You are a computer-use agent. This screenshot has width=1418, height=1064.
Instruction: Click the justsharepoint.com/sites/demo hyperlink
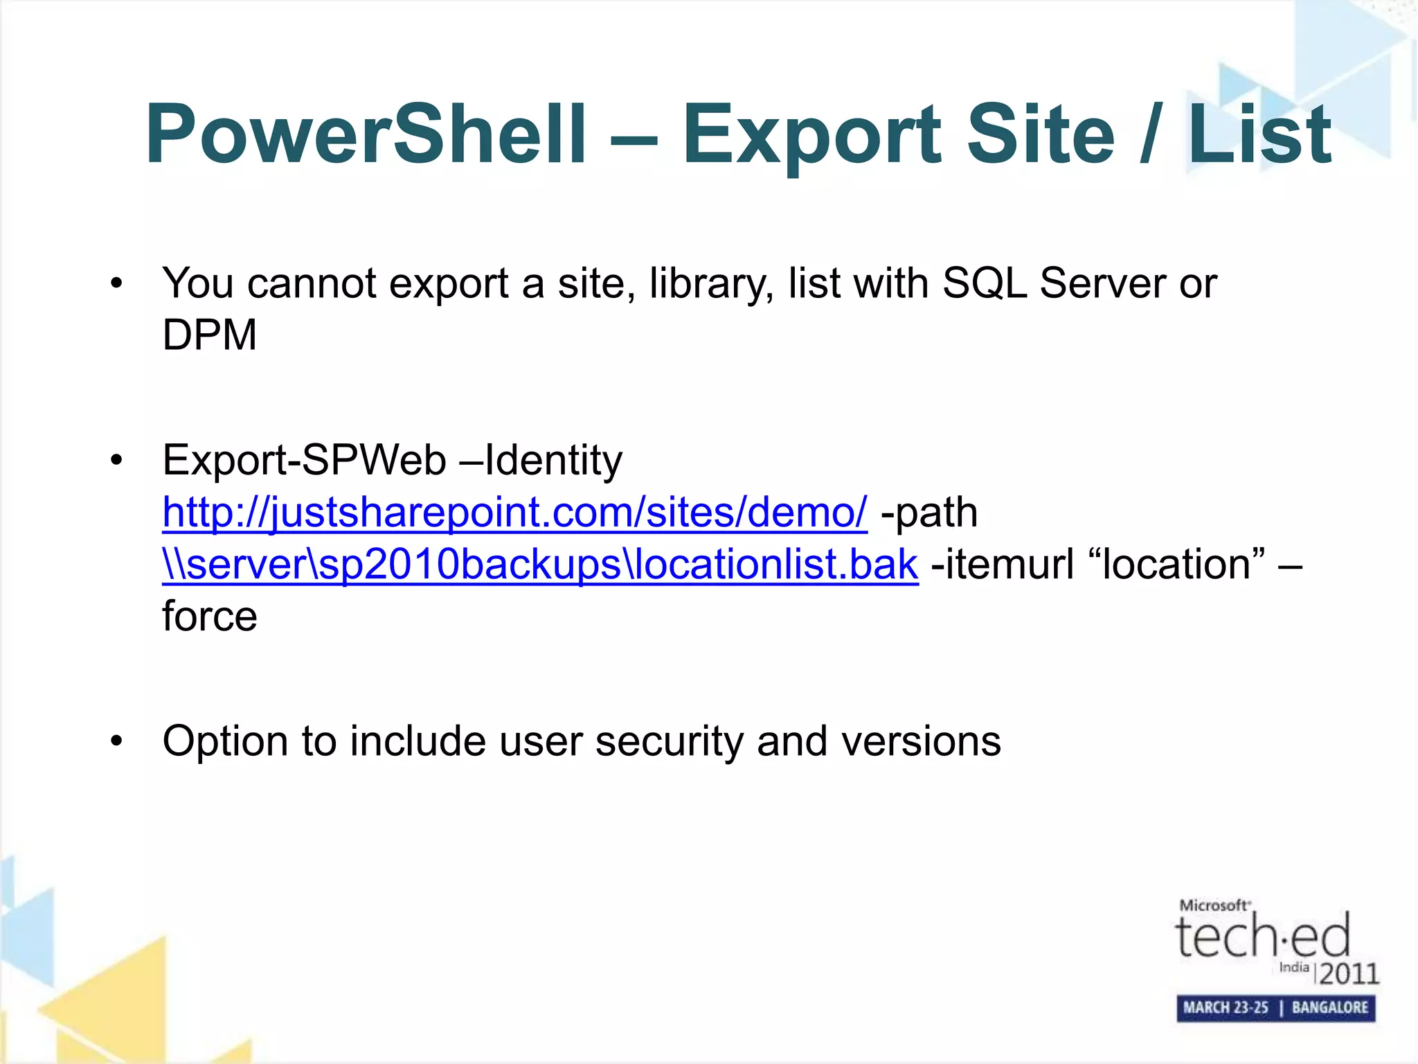514,513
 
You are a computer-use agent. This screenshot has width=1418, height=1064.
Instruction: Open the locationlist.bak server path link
540,565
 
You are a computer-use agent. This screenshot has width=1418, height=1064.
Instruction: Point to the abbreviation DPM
209,335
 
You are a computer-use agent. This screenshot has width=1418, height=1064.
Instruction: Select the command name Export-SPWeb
304,461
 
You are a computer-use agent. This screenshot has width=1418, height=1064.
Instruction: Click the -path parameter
928,513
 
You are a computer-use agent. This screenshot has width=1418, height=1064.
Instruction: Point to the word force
209,617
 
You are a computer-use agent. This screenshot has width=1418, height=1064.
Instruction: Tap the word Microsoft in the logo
1214,905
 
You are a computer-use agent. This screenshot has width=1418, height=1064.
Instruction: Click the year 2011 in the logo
1349,974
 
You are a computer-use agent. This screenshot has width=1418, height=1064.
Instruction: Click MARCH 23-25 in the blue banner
1226,1007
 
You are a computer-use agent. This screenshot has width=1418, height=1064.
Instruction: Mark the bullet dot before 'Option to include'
116,742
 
